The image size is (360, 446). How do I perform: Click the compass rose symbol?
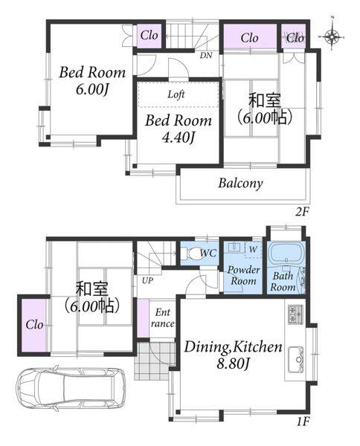332,36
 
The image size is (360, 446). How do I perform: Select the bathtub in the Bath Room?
286,253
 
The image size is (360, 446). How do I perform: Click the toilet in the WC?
193,253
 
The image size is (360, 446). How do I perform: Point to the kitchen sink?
296,360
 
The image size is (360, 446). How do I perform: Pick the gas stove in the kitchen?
296,314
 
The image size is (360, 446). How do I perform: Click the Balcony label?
240,184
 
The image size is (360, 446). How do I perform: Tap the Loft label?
176,94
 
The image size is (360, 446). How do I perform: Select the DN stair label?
206,55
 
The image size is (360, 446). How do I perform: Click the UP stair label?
147,281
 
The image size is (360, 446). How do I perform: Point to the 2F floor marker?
302,212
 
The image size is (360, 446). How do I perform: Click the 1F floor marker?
303,421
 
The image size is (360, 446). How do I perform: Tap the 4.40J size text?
179,138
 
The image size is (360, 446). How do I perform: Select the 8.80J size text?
234,363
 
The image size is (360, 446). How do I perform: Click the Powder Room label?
243,275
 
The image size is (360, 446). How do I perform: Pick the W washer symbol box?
253,250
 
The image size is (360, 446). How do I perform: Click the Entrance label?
162,318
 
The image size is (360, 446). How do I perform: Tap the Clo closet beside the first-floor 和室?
34,325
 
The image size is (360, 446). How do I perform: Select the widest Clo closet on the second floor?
250,37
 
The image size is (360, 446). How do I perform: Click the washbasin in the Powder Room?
235,247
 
